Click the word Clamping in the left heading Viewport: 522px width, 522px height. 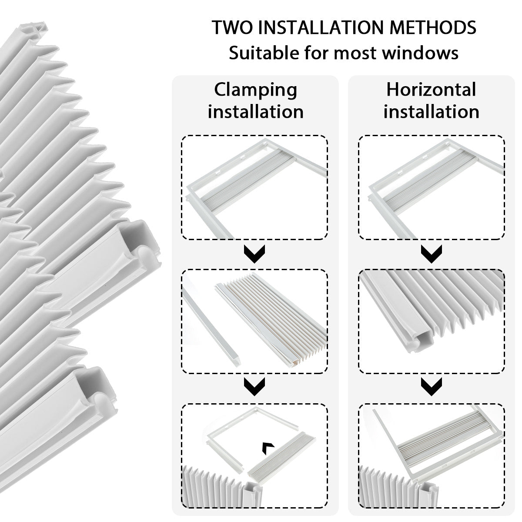[x=255, y=90]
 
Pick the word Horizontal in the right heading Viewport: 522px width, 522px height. [x=431, y=90]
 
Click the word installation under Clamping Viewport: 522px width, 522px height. [x=255, y=112]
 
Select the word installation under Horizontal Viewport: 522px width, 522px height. [x=431, y=112]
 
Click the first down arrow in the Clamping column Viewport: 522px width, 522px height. [x=255, y=254]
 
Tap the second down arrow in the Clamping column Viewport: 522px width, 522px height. [x=255, y=386]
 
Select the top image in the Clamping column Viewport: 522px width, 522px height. [x=255, y=187]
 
